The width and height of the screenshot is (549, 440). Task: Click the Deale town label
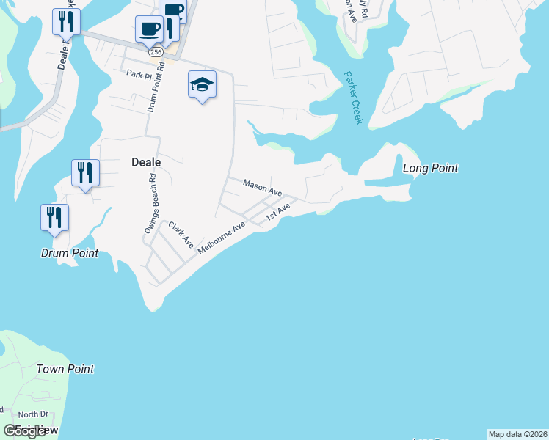145,161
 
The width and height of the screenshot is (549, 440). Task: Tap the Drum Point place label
69,254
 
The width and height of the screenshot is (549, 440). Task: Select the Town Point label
65,369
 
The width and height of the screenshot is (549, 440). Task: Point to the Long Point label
431,168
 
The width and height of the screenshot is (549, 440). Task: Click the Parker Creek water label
352,98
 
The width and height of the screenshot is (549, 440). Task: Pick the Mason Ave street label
262,188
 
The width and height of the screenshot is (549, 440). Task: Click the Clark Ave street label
181,233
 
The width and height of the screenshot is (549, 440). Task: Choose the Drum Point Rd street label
153,90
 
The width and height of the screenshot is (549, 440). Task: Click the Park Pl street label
137,73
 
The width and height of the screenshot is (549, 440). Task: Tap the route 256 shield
155,52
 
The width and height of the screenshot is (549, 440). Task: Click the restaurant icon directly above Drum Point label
54,218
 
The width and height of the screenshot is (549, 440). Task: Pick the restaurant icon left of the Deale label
85,174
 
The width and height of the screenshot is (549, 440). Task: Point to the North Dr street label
32,414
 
